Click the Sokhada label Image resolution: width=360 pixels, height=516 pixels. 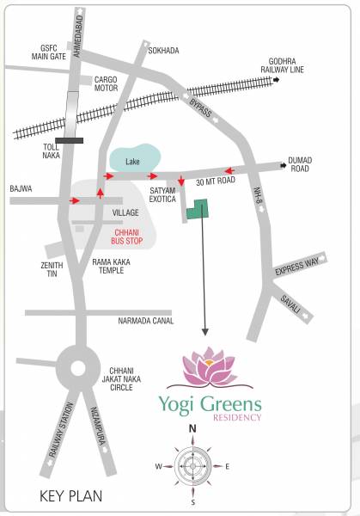coord(163,51)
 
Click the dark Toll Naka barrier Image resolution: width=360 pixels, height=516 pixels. coord(69,139)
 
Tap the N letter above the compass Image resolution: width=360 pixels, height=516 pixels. coord(193,428)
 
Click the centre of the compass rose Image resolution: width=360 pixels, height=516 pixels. coord(194,466)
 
